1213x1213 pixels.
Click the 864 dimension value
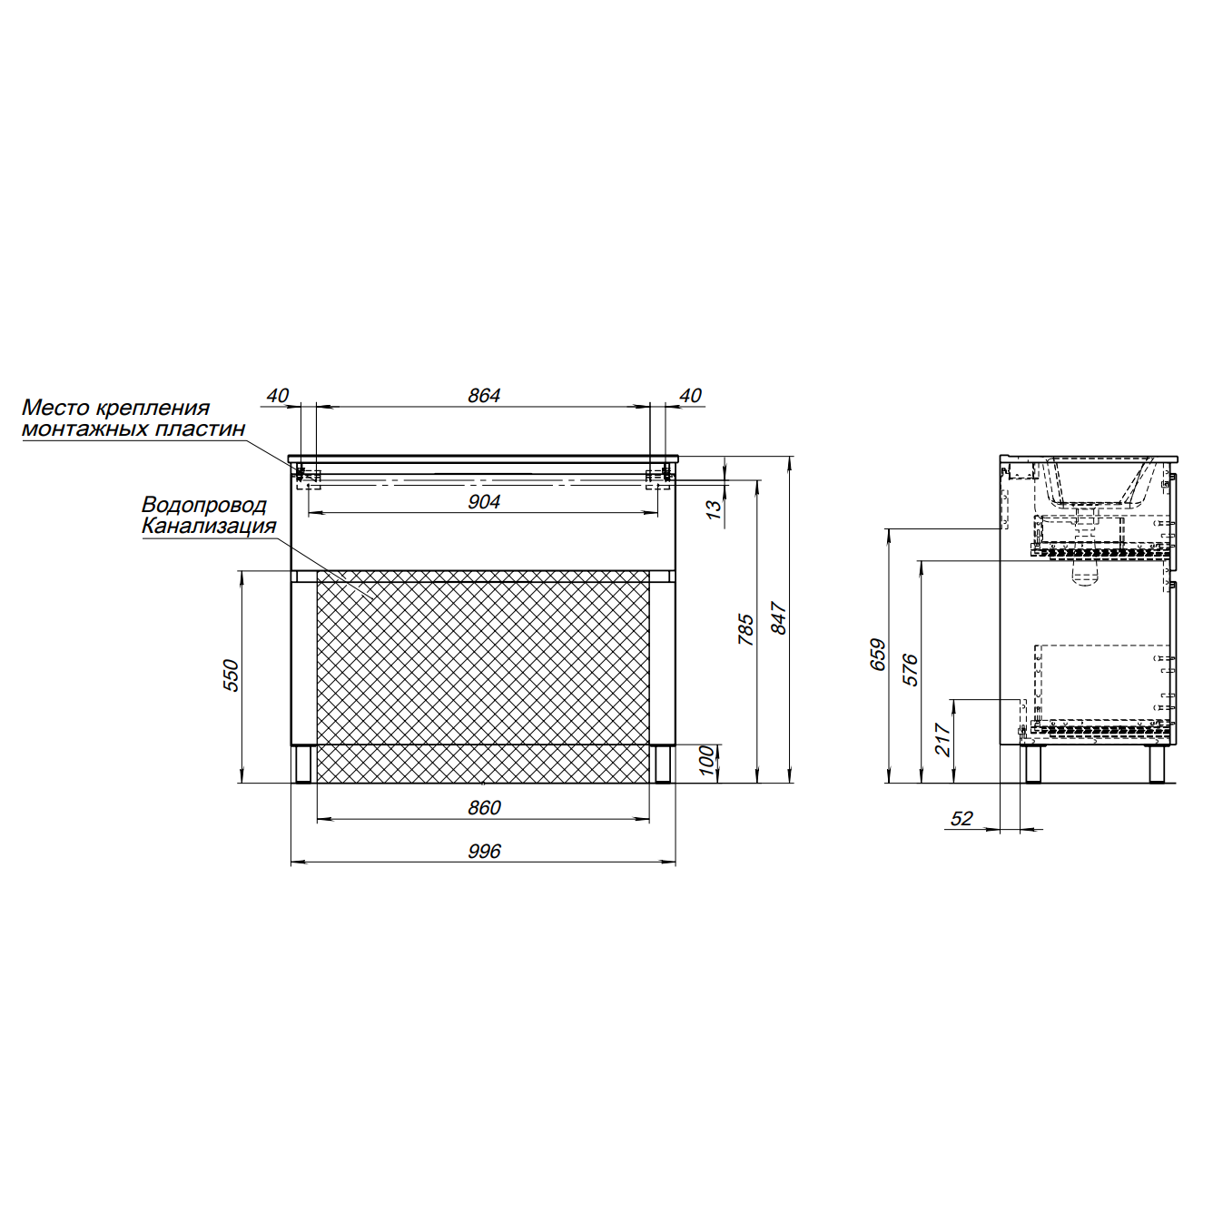(483, 396)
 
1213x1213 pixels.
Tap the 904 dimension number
(483, 502)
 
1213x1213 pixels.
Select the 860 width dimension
(483, 808)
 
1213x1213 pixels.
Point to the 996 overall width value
(483, 851)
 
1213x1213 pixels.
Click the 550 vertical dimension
(232, 676)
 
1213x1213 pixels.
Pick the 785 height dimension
(745, 629)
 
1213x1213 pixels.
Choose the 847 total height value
(779, 619)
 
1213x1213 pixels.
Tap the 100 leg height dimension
(707, 761)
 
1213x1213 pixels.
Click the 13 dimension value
(714, 509)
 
